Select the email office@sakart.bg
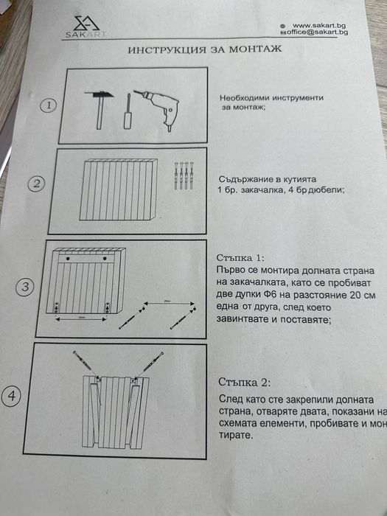pyautogui.click(x=318, y=33)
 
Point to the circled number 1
pyautogui.click(x=49, y=105)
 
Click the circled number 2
pyautogui.click(x=36, y=184)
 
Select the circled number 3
pyautogui.click(x=26, y=287)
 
